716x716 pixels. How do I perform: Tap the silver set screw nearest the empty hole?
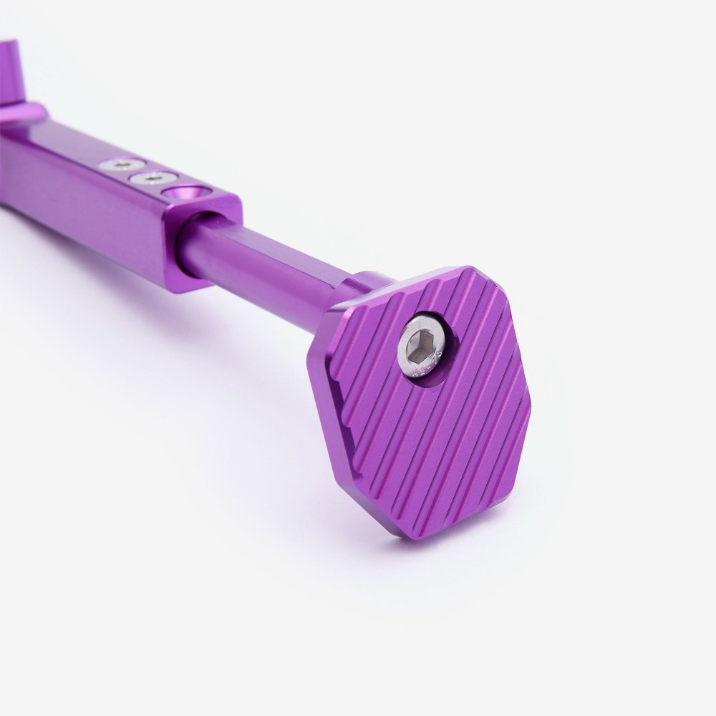pos(152,177)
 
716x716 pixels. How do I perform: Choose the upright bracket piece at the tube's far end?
pos(10,72)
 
